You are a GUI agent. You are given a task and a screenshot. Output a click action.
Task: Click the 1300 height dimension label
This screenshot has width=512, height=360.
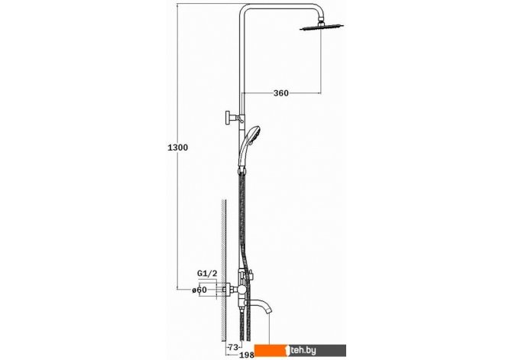click(177, 148)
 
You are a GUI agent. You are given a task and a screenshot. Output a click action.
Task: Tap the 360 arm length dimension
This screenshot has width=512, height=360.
click(280, 93)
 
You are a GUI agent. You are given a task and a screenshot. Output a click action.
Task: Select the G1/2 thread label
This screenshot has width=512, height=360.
click(207, 273)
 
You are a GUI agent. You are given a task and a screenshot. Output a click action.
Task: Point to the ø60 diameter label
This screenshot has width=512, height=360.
click(199, 290)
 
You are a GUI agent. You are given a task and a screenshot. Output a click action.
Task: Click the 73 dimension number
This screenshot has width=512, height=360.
click(232, 346)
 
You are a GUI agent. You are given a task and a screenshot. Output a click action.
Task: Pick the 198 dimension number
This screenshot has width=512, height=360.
click(247, 355)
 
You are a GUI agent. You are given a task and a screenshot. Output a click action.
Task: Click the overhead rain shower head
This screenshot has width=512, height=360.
click(322, 28)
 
